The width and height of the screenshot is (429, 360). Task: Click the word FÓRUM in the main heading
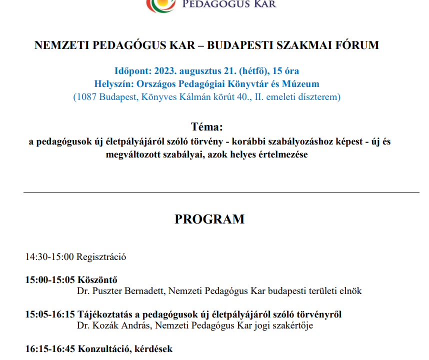pyautogui.click(x=356, y=45)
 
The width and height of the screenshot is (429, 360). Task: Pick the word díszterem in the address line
pyautogui.click(x=318, y=97)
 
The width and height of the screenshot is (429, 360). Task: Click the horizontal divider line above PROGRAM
pyautogui.click(x=221, y=192)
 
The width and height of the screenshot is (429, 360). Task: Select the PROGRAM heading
pyautogui.click(x=209, y=219)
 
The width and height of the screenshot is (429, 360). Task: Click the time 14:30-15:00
pyautogui.click(x=49, y=257)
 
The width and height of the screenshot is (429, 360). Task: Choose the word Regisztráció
pyautogui.click(x=101, y=257)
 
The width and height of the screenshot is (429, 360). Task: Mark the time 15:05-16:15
pyautogui.click(x=49, y=314)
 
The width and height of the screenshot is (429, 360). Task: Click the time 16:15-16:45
pyautogui.click(x=49, y=349)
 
